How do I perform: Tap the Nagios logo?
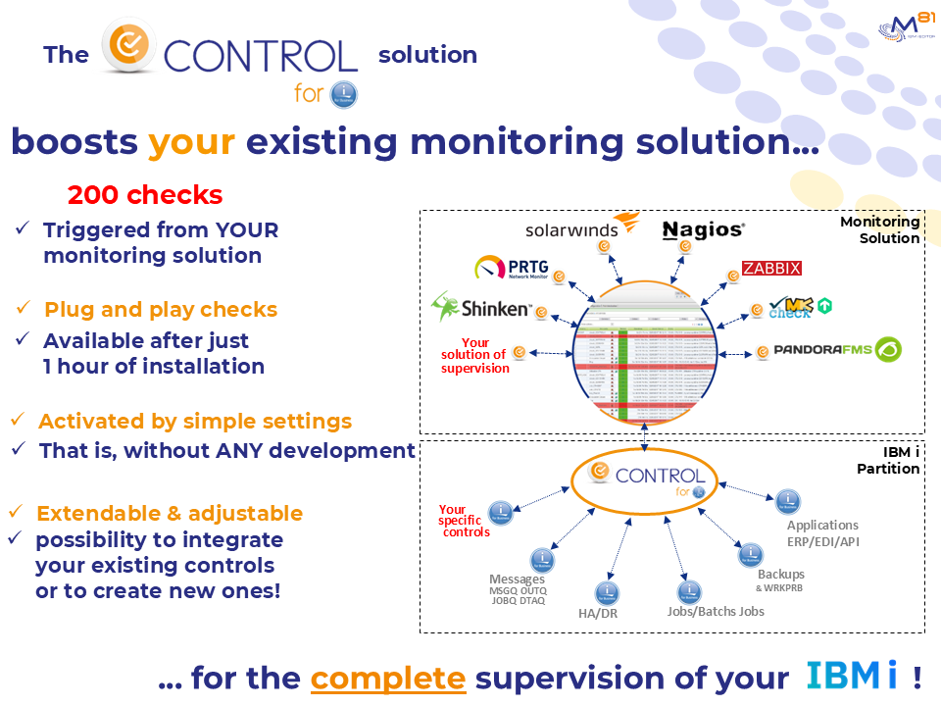[703, 230]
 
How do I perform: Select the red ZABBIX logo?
[771, 269]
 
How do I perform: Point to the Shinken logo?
[481, 308]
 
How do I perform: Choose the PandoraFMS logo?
[836, 350]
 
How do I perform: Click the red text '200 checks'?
[145, 194]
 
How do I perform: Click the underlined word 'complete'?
[387, 678]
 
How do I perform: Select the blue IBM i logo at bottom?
[852, 676]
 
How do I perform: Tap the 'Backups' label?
[780, 574]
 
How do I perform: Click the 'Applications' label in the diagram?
[822, 525]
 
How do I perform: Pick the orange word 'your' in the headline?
[191, 142]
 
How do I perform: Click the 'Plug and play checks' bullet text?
[161, 310]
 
